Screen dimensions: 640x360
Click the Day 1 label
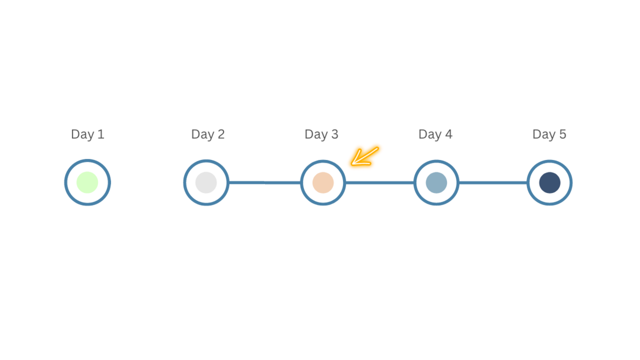(87, 134)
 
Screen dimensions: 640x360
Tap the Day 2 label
(207, 134)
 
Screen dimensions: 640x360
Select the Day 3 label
(322, 134)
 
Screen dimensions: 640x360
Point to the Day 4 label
(435, 134)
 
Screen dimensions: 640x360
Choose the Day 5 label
(549, 134)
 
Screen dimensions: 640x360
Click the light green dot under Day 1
(87, 182)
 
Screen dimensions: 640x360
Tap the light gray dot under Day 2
(206, 182)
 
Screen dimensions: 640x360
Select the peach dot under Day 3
(323, 183)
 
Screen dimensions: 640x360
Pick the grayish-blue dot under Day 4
(436, 183)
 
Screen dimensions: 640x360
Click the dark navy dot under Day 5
(550, 183)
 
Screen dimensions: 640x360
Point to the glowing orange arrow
(365, 157)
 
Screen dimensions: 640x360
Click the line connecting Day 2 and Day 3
(265, 182)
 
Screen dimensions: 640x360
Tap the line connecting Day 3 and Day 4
(380, 183)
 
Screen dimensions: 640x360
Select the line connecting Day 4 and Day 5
(493, 183)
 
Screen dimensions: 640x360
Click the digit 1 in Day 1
(101, 134)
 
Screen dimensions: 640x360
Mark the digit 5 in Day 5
(563, 134)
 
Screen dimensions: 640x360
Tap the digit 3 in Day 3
(335, 134)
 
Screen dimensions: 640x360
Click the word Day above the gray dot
(203, 134)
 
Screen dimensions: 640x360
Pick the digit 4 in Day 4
(449, 134)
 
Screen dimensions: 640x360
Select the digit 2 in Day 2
(221, 134)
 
